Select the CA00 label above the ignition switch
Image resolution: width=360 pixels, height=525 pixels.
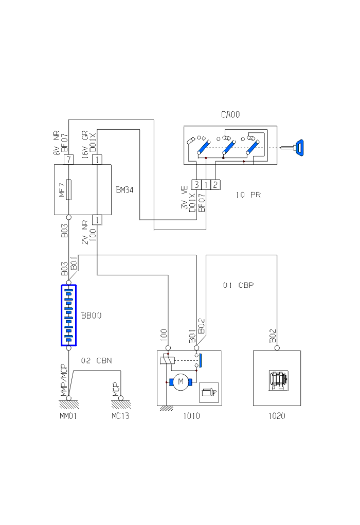click(230, 114)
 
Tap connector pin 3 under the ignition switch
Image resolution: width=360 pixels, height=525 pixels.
click(196, 184)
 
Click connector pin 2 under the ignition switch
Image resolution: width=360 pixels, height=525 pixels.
click(215, 184)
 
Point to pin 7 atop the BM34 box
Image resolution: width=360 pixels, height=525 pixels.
click(68, 160)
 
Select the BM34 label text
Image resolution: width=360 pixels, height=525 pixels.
click(125, 190)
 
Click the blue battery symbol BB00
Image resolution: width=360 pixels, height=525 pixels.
click(68, 315)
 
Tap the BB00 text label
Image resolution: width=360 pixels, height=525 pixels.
click(91, 316)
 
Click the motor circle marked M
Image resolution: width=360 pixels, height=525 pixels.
click(180, 381)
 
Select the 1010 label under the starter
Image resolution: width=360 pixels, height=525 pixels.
click(191, 416)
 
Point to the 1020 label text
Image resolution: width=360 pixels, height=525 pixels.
click(276, 416)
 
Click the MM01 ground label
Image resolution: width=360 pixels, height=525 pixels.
click(68, 416)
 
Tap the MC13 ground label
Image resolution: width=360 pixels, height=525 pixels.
click(120, 416)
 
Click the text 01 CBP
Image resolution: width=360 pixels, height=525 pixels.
click(238, 285)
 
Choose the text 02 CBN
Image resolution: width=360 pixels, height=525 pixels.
click(97, 360)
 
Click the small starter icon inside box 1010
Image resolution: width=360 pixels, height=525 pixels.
click(209, 392)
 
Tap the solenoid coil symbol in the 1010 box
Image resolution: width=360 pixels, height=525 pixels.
click(166, 360)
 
